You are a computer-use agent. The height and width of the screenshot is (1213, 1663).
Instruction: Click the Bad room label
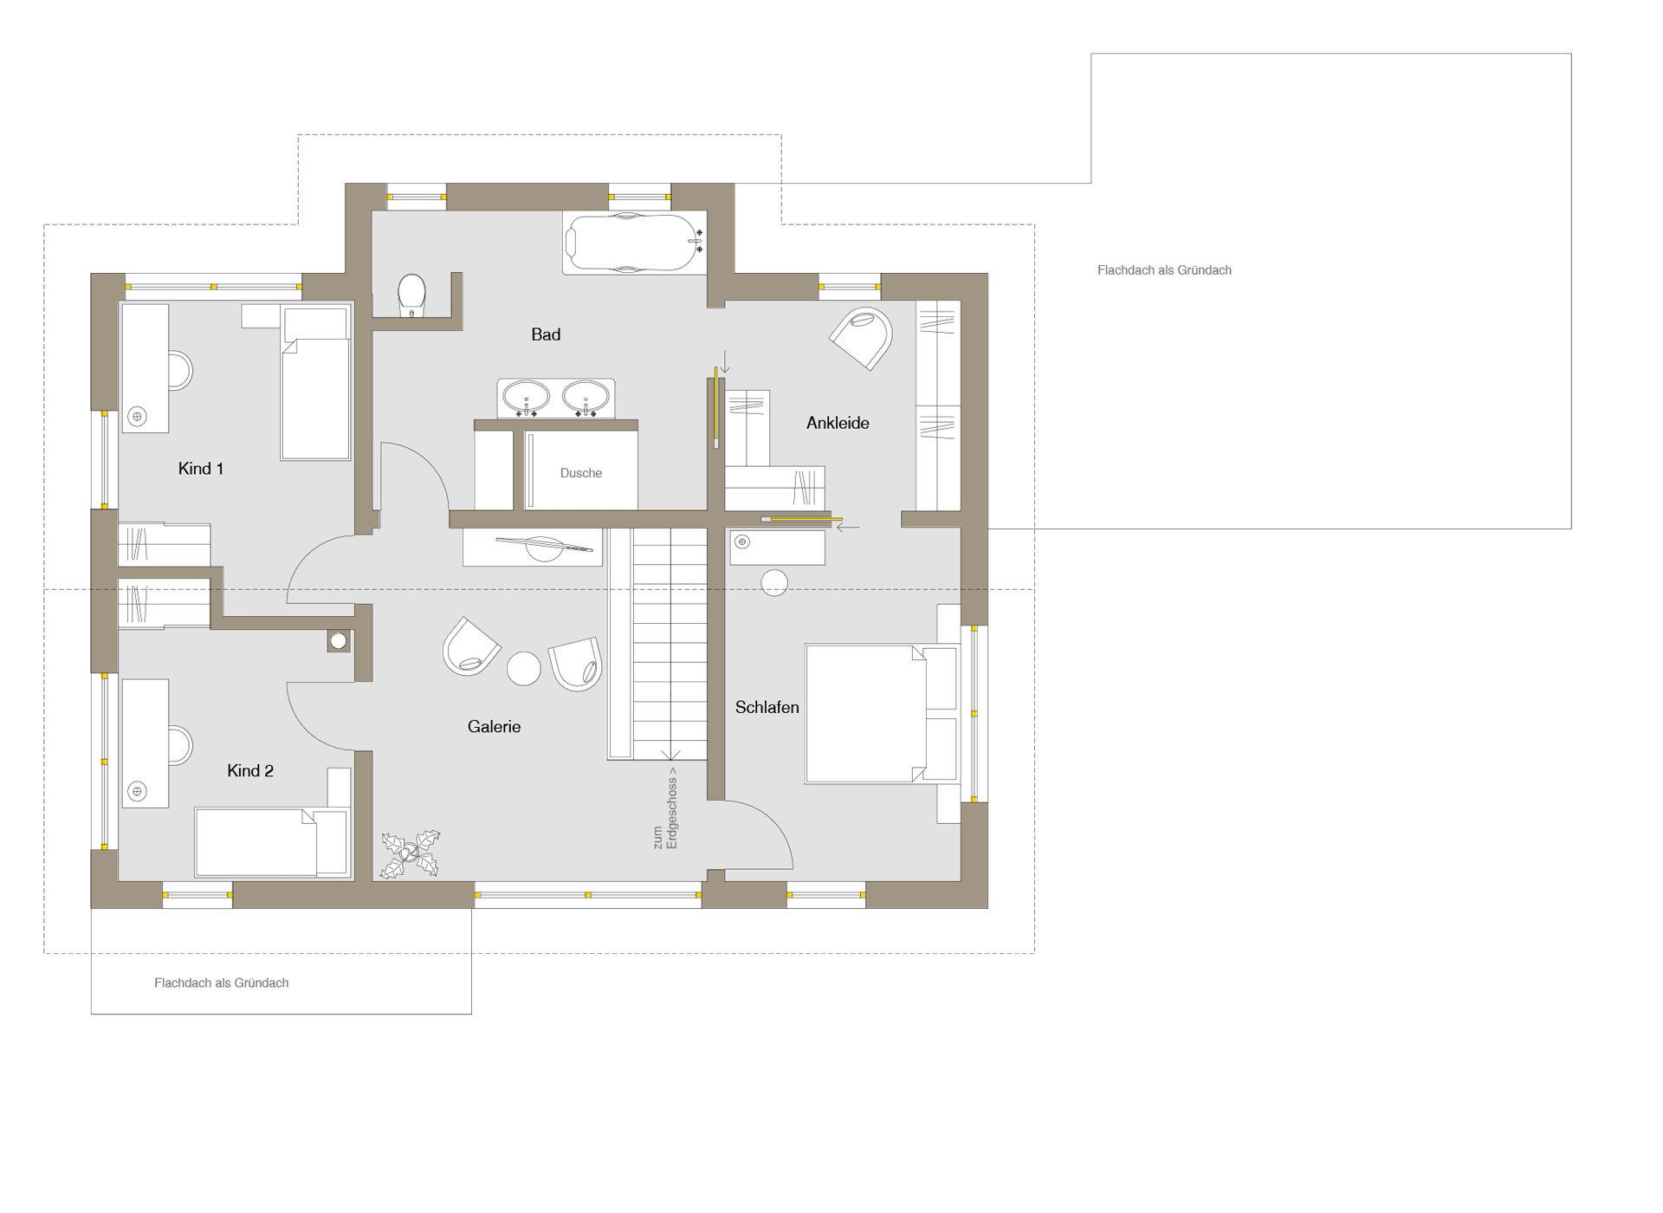click(546, 334)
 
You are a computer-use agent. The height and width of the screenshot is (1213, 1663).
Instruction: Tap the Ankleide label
click(838, 423)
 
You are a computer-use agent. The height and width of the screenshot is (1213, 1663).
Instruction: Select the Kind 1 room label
click(201, 469)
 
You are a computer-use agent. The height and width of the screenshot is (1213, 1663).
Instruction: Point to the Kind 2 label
click(250, 770)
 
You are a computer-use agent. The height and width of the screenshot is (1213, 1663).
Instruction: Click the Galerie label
click(494, 727)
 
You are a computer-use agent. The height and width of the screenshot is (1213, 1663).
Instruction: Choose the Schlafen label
click(767, 707)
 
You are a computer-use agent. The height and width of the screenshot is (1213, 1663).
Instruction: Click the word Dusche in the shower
click(581, 473)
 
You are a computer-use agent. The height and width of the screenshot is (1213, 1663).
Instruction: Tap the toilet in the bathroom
click(411, 296)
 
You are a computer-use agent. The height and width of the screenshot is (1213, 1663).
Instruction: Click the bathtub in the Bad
click(635, 243)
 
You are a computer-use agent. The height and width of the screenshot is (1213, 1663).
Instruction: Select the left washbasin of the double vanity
click(525, 399)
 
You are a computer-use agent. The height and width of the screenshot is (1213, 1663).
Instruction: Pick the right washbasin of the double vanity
click(586, 399)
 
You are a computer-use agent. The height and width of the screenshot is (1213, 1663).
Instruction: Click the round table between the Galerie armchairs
click(524, 668)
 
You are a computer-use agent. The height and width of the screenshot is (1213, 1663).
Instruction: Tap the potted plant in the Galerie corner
click(411, 854)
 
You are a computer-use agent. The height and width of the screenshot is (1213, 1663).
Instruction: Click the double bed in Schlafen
click(881, 713)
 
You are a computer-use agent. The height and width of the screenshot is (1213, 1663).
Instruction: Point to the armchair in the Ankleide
click(863, 337)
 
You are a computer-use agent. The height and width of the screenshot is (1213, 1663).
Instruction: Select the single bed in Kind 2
click(272, 842)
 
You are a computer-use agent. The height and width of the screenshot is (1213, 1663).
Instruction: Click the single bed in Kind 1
click(315, 383)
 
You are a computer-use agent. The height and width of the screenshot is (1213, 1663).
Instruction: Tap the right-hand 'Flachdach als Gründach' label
click(1164, 270)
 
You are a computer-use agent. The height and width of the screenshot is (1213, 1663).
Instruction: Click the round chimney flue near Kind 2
click(339, 641)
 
